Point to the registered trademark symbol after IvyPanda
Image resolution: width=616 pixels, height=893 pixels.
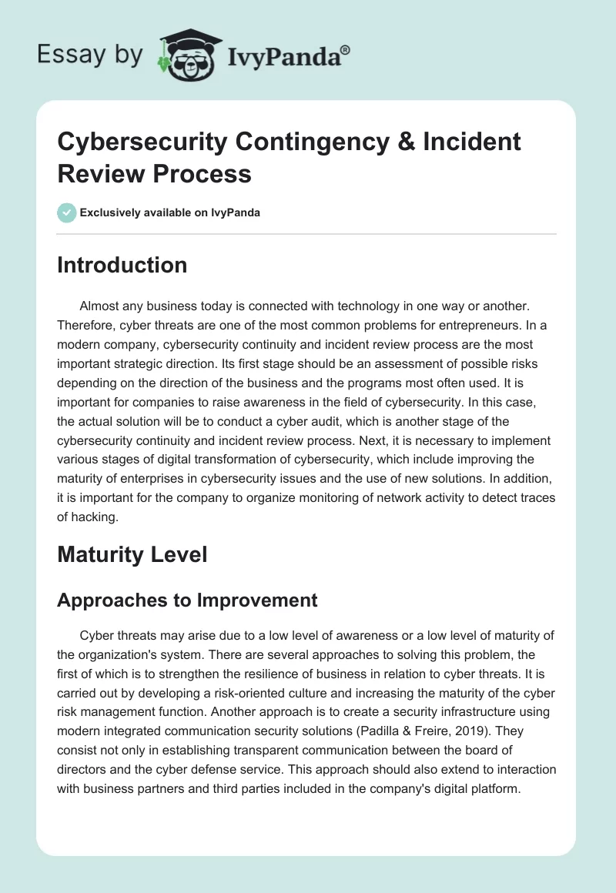346,49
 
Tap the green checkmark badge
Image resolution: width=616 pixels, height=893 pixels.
66,212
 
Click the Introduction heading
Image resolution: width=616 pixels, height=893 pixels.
122,265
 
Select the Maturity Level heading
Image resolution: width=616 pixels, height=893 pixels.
132,554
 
